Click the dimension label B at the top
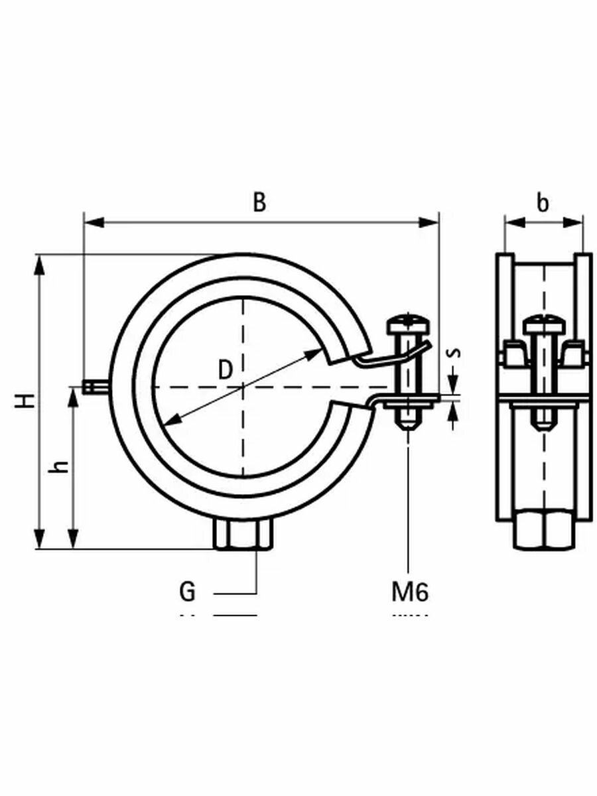click(x=260, y=202)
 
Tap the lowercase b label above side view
click(x=543, y=203)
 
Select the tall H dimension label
click(x=25, y=400)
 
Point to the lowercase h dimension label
click(x=60, y=466)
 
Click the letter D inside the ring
click(x=226, y=369)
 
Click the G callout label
click(x=188, y=590)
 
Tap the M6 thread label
click(x=409, y=590)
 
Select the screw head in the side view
click(x=543, y=325)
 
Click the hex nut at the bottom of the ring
click(x=243, y=534)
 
